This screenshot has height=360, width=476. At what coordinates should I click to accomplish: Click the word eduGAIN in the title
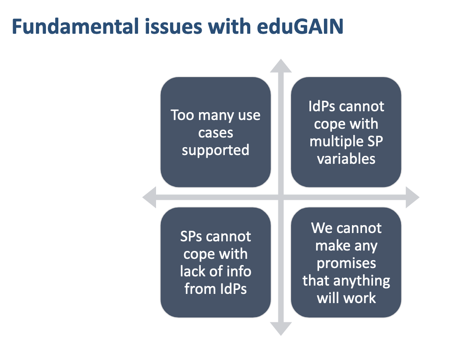point(300,26)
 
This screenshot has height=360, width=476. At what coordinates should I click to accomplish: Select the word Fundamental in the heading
point(75,26)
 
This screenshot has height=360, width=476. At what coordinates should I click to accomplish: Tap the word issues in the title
point(173,26)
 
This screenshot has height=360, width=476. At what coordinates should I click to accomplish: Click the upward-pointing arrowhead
point(281,66)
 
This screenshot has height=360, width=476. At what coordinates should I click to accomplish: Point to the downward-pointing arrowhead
point(281,329)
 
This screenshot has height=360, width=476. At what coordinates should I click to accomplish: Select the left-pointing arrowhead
point(149,197)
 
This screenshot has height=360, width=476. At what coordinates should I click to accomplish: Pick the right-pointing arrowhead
point(412,197)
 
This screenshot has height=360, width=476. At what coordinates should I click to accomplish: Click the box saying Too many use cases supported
point(216,132)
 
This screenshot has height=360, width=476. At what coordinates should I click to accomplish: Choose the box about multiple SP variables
point(346,132)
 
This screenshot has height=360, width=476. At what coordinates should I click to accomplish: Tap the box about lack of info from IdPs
point(216,262)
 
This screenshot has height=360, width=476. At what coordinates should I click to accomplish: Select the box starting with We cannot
point(346,262)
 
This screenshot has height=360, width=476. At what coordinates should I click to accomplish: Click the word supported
point(216,151)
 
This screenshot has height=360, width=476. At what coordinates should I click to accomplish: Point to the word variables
point(346,159)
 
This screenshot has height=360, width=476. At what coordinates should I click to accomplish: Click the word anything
point(362,281)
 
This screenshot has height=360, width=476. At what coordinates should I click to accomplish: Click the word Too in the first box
point(182,115)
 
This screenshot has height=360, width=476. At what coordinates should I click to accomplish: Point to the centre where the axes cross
point(281,197)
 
